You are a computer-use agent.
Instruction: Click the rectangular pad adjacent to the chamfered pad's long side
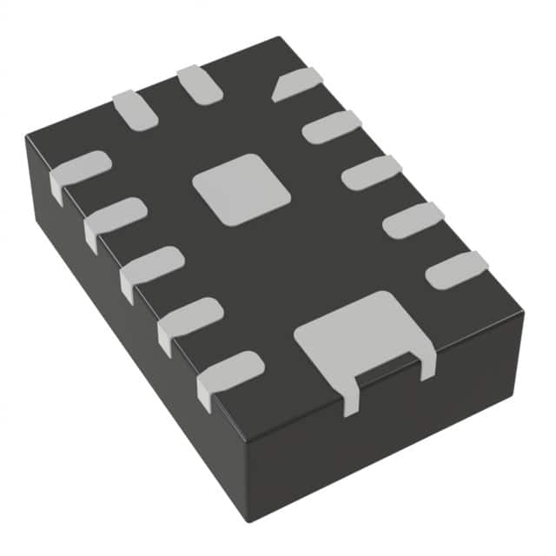click(331, 127)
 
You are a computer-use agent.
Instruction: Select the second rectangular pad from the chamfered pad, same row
click(371, 172)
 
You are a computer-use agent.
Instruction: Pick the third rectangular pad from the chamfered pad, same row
click(414, 220)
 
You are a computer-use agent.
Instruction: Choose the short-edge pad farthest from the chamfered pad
click(135, 109)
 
